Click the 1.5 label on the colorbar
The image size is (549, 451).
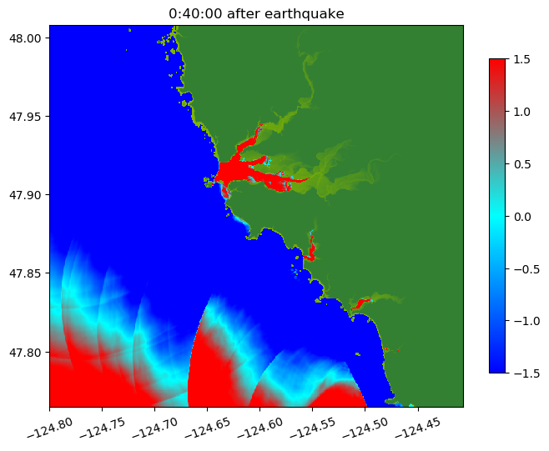[522, 59]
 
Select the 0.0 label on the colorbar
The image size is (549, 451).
[522, 216]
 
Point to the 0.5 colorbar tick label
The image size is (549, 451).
[522, 163]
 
